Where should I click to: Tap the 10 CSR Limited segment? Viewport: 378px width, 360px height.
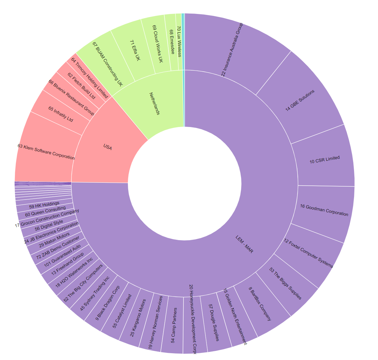pos(325,160)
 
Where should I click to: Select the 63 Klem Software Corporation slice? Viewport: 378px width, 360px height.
pos(45,151)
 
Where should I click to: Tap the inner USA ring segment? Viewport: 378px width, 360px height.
pos(107,148)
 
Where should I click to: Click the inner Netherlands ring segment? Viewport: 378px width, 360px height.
pos(154,103)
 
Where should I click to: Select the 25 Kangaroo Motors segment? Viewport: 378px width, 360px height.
pos(138,318)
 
